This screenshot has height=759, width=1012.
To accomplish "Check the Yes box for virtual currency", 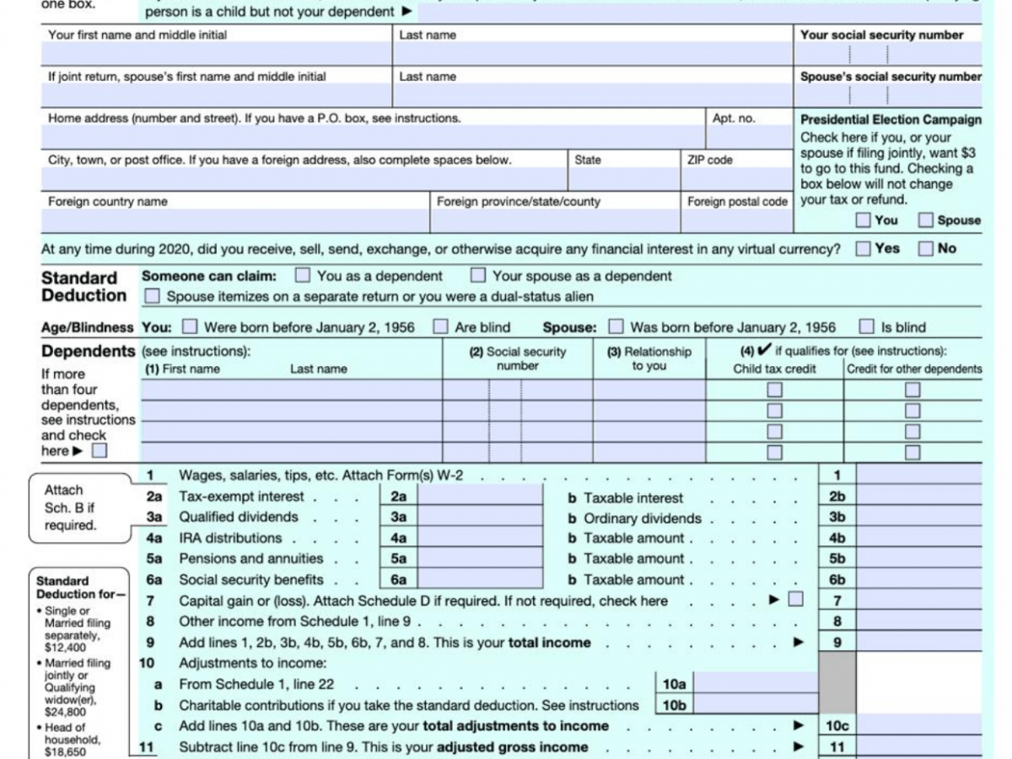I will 863,249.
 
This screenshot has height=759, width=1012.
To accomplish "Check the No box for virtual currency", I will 925,249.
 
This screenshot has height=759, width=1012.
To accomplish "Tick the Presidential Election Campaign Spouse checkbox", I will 925,220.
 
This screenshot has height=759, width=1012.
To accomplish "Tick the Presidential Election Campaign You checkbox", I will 863,220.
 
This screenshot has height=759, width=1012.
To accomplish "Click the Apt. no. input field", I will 750,137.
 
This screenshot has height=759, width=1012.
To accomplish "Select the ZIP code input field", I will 736,179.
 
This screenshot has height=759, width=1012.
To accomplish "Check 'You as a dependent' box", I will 303,276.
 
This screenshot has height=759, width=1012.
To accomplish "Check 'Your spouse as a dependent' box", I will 478,276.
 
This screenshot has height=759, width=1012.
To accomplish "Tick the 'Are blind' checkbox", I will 441,326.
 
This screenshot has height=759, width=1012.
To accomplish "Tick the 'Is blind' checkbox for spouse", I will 866,326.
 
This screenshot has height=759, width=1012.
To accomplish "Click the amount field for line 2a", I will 481,497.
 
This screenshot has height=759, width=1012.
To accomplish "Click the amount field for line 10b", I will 755,705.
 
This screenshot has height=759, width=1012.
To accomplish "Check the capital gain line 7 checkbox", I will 795,600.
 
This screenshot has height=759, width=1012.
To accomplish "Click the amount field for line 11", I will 919,746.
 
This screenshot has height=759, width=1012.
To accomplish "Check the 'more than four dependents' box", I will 100,450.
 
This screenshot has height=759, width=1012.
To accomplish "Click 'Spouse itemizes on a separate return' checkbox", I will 152,296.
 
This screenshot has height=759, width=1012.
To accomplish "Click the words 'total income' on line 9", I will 549,643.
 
